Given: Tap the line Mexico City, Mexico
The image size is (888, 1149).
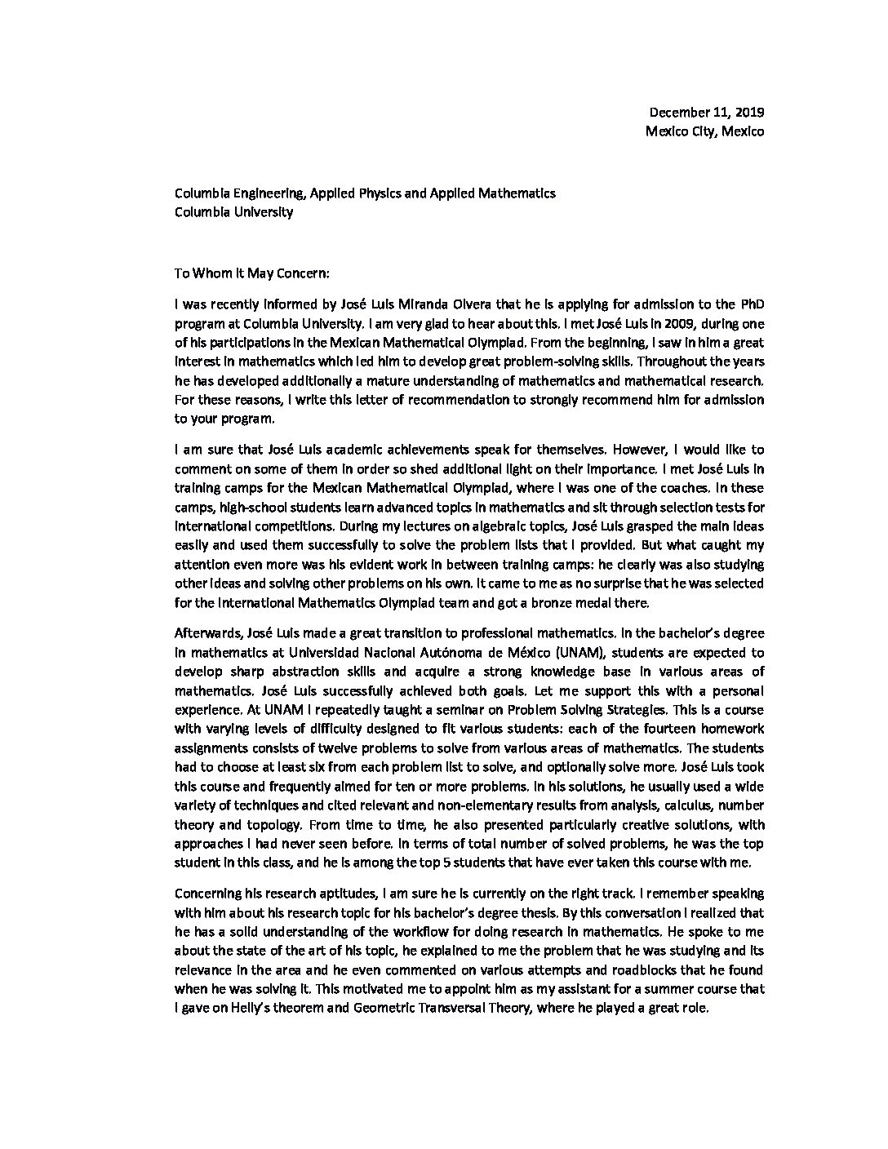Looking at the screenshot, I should [705, 131].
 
